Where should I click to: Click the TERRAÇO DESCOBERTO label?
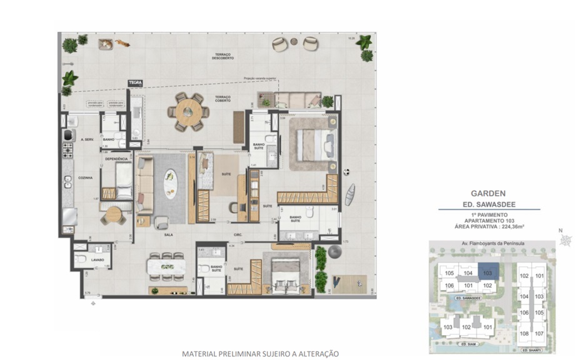[x=223, y=56]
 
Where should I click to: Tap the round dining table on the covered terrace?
[x=188, y=111]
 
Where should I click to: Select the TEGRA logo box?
[x=135, y=82]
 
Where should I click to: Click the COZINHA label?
[x=86, y=178]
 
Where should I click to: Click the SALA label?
[x=168, y=236]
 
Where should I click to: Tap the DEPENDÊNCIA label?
[x=117, y=159]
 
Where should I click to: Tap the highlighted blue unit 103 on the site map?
[x=488, y=272]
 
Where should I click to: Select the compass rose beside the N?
[x=567, y=239]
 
